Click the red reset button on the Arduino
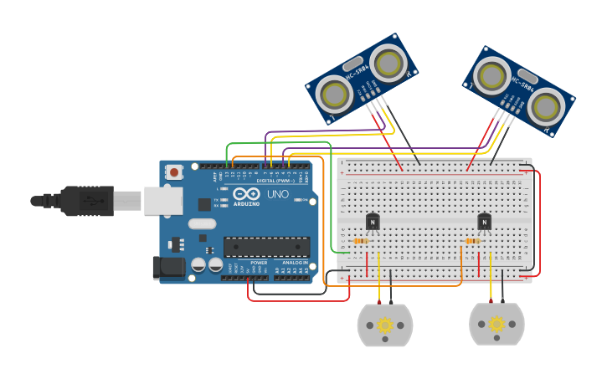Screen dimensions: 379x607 click(174, 172)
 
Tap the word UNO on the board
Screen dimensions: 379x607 click(277, 194)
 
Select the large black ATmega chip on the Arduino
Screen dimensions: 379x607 click(266, 247)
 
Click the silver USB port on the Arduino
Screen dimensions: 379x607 click(163, 201)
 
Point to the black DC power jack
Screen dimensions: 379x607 click(168, 268)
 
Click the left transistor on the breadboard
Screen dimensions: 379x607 click(373, 222)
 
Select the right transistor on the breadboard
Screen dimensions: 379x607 click(484, 222)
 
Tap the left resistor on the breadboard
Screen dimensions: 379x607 click(361, 241)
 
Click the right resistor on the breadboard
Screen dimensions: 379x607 click(472, 241)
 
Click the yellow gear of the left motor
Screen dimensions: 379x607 click(385, 325)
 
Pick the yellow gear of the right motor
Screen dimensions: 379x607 click(496, 325)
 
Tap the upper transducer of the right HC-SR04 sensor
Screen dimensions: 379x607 click(491, 76)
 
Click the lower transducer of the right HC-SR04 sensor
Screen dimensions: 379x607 click(545, 107)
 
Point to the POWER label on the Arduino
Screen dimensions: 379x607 click(259, 262)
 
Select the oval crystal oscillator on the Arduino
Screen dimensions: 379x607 click(202, 223)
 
